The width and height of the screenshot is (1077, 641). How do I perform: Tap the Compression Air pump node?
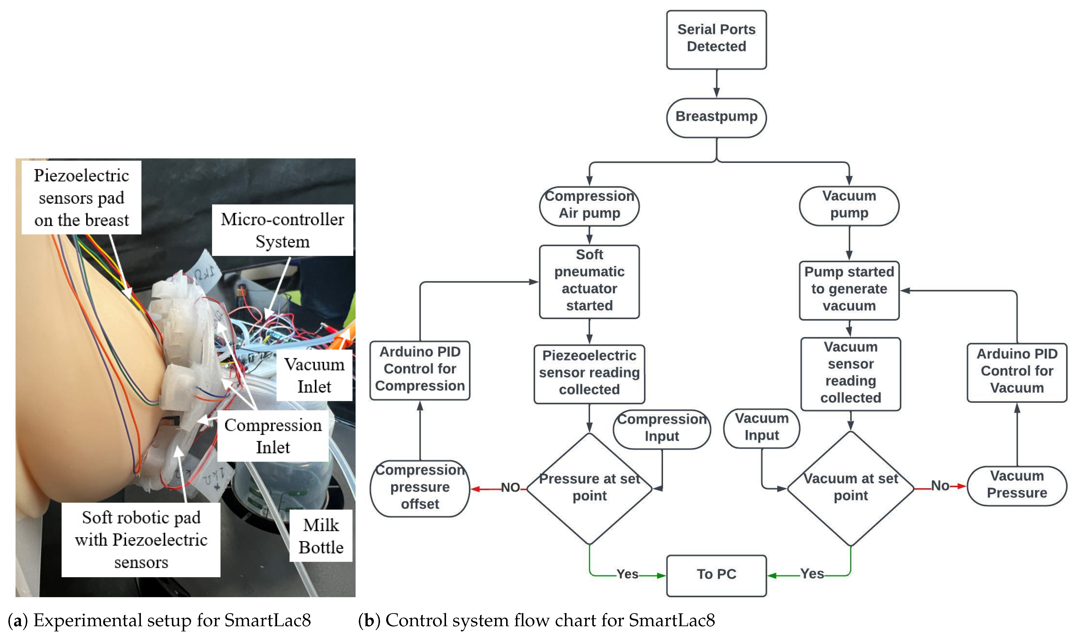click(x=589, y=206)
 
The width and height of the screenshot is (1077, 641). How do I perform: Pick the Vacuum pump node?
click(x=849, y=206)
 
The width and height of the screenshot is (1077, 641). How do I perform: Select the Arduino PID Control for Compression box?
click(x=420, y=370)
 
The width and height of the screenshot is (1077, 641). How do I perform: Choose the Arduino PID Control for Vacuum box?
click(x=1017, y=372)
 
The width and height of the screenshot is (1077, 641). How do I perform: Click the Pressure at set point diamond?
click(x=589, y=488)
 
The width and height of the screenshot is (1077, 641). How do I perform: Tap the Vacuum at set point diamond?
click(x=850, y=488)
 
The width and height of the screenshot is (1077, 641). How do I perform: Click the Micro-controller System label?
click(x=282, y=230)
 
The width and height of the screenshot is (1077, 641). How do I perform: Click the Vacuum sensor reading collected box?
click(x=850, y=373)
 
